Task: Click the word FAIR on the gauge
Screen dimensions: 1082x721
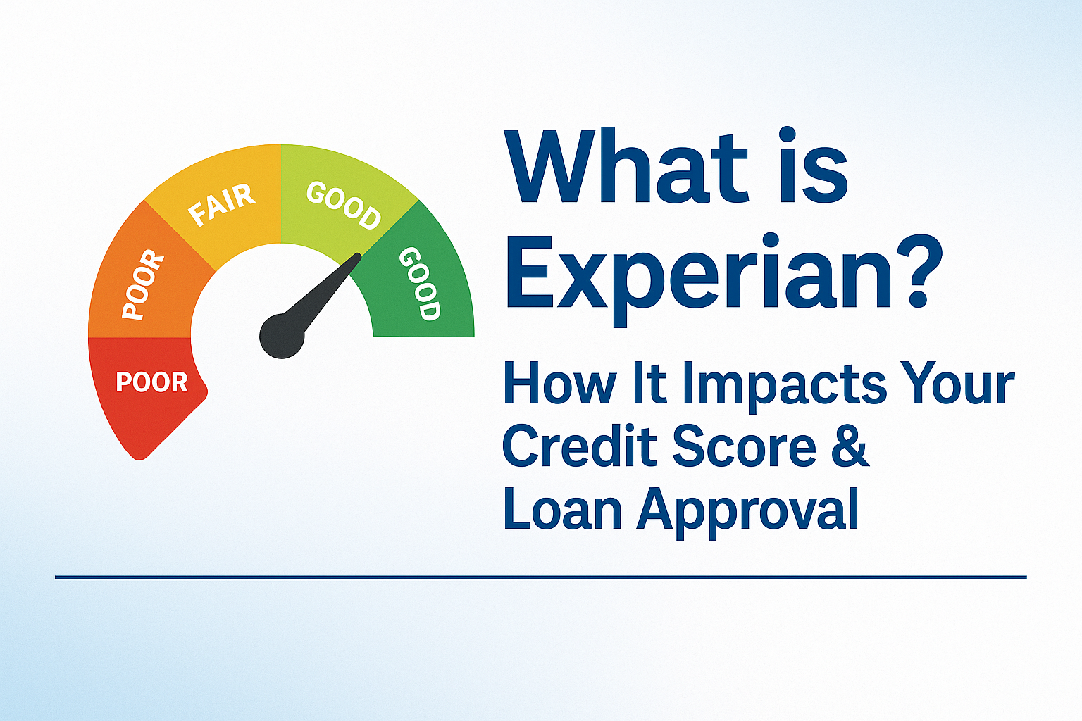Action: tap(221, 205)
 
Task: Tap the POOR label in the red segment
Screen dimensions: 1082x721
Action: tap(151, 382)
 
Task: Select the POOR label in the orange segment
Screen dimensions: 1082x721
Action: tap(142, 285)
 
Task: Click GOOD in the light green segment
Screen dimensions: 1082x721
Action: tap(344, 206)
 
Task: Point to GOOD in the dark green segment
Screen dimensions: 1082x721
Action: tap(419, 284)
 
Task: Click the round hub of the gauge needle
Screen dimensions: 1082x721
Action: tap(282, 336)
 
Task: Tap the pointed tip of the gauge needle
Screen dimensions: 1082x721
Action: tap(359, 256)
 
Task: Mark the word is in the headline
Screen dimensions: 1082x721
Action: tap(792, 165)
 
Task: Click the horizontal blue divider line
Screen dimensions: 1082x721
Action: tap(540, 577)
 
